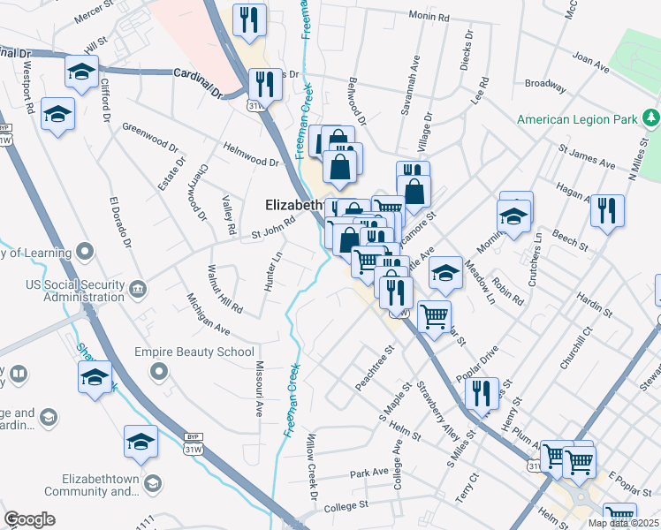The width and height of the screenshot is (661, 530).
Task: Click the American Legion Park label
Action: (579, 119)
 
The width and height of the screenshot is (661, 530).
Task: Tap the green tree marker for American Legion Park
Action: (651, 117)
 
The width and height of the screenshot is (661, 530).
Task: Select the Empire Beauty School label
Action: (194, 352)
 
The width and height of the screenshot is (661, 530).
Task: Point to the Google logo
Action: (29, 519)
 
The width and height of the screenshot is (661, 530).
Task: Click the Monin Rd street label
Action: (429, 17)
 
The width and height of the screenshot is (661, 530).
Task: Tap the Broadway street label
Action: (544, 85)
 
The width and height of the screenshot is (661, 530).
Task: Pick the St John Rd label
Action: (272, 229)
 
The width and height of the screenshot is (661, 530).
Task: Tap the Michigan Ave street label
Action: (209, 314)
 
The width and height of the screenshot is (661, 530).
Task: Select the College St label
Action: (345, 505)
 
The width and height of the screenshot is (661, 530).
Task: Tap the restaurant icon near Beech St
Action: (607, 209)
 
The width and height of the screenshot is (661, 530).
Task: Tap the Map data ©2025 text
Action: (624, 523)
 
